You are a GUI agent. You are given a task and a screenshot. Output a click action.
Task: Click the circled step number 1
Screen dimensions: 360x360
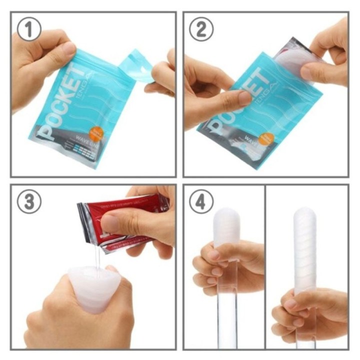click(28, 30)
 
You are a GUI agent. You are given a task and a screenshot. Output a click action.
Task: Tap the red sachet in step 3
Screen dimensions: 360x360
click(125, 220)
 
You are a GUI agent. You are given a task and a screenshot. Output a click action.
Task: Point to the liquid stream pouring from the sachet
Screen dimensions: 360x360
click(97, 257)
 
